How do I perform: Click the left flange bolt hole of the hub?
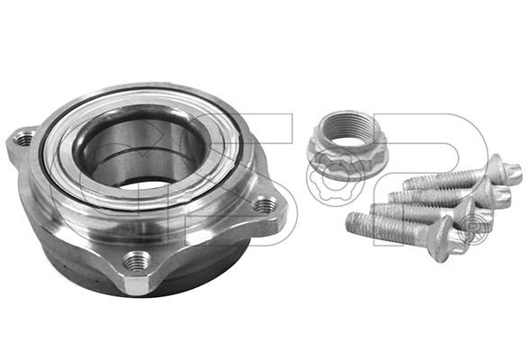click(x=24, y=139)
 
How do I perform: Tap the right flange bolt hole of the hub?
click(x=265, y=205)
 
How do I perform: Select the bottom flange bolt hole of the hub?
click(x=137, y=261)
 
